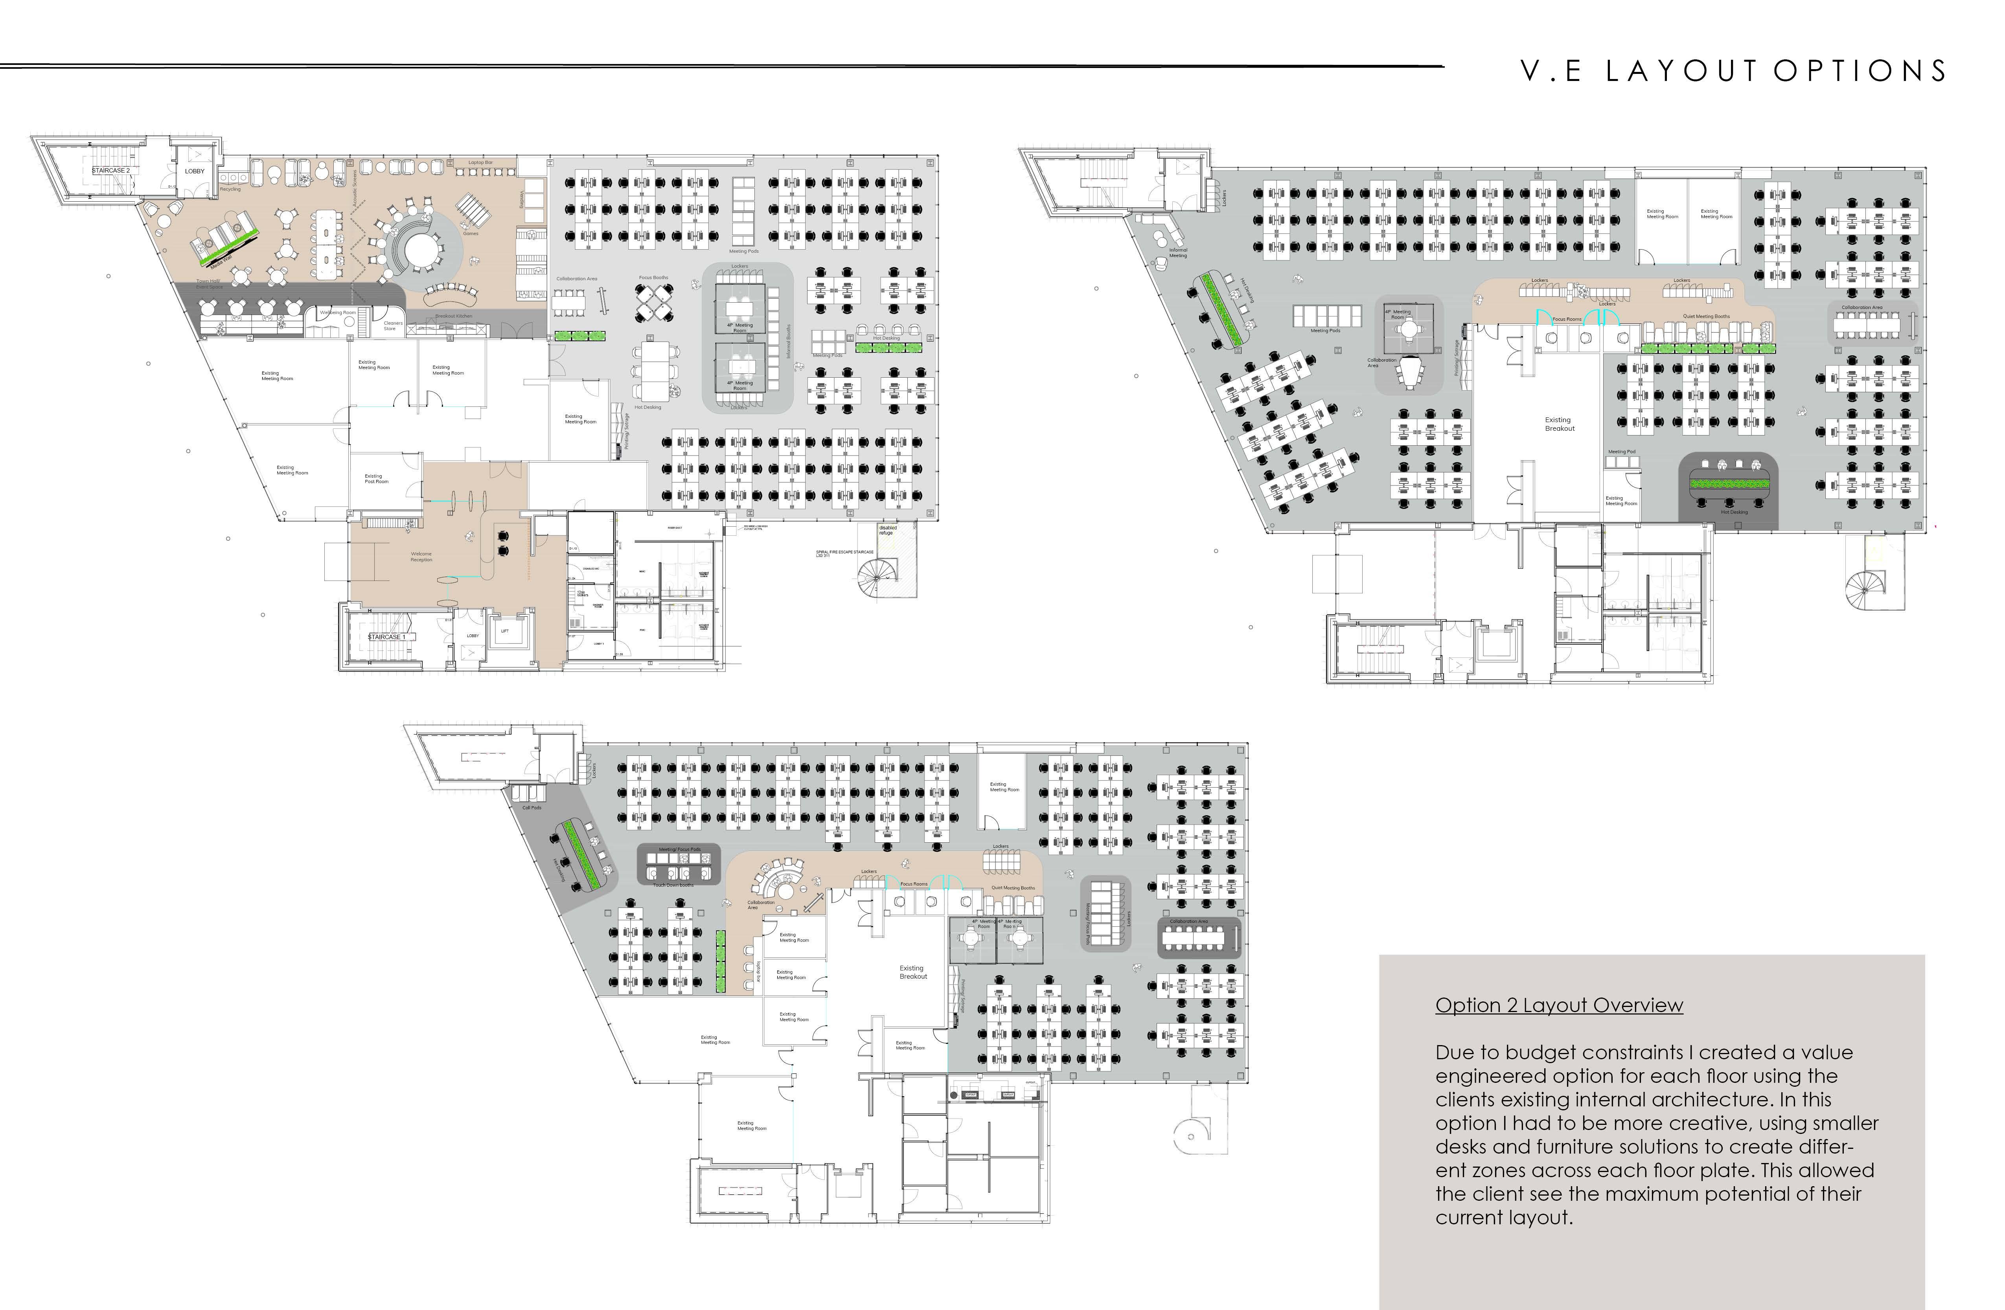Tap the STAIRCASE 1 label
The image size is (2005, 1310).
[x=387, y=637]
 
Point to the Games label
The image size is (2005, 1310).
[x=470, y=233]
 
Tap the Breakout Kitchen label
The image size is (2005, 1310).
[x=453, y=316]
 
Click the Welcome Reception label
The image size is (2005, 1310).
[x=421, y=557]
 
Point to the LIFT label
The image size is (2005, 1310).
[x=505, y=631]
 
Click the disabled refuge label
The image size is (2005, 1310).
[x=888, y=530]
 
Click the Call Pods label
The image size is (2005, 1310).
[x=532, y=808]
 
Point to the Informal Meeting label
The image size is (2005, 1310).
[x=1178, y=252]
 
